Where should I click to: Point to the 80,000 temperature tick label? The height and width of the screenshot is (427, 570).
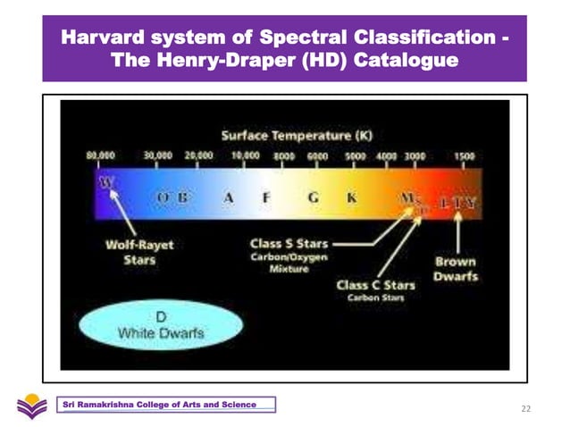click(x=99, y=155)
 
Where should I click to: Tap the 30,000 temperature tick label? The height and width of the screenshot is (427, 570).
click(x=157, y=155)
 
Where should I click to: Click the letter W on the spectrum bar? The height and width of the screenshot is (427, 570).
click(x=107, y=182)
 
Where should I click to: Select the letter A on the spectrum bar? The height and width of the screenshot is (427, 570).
click(x=229, y=198)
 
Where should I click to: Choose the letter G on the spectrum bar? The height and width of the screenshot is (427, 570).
click(x=313, y=198)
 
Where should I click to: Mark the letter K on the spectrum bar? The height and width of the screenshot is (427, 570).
click(x=352, y=198)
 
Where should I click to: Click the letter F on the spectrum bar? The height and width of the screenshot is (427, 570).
click(x=265, y=198)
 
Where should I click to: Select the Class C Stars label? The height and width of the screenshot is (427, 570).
click(x=375, y=285)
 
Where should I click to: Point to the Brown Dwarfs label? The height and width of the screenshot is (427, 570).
click(x=456, y=269)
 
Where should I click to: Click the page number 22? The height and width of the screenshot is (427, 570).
click(x=525, y=408)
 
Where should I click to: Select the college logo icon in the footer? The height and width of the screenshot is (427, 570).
click(x=31, y=406)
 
